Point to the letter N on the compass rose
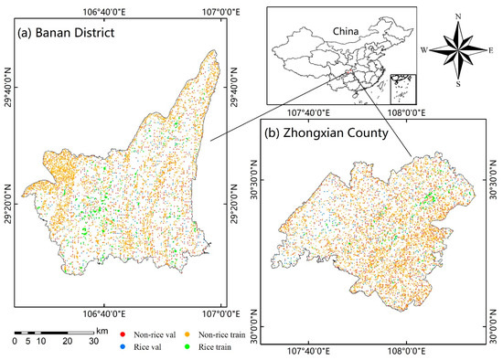click(x=456, y=17)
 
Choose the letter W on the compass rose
click(x=423, y=48)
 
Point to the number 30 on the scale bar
click(x=94, y=341)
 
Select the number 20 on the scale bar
click(x=67, y=341)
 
